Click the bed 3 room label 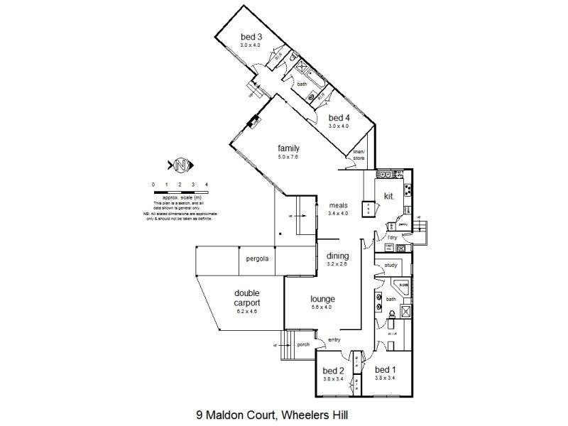[252, 37]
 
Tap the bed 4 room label [339, 118]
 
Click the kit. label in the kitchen [389, 195]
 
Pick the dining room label [337, 256]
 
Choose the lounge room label [322, 299]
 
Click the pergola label [257, 259]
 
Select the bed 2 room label [333, 371]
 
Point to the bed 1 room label [385, 371]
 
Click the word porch [303, 346]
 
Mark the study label [391, 266]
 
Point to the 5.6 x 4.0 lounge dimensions [322, 307]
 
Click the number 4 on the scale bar [206, 185]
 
